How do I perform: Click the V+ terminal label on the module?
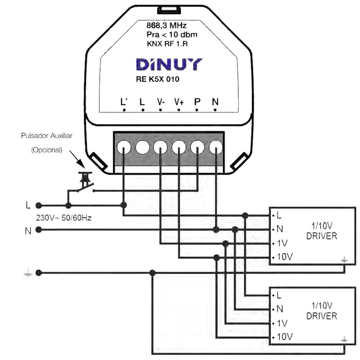coord(179,102)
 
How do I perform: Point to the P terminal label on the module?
coord(197,102)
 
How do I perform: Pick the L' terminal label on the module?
coord(125,102)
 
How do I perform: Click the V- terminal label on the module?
coord(161,102)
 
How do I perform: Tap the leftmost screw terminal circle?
coord(124,148)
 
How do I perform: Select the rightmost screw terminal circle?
coord(216,148)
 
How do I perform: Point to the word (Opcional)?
coord(47,150)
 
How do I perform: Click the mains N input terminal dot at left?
coord(39,230)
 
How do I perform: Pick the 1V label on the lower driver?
coord(282,323)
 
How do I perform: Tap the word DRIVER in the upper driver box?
coord(321,236)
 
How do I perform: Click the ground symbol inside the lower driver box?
coord(345,340)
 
